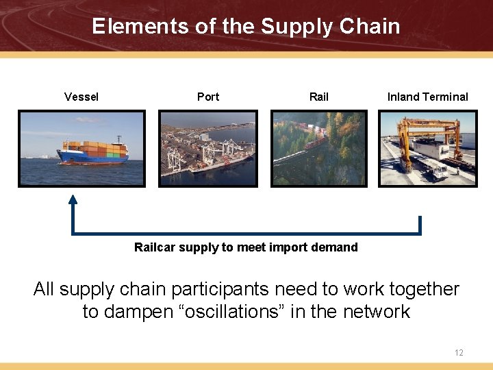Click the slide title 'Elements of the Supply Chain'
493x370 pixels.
[x=246, y=26]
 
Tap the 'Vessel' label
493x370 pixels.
[x=81, y=97]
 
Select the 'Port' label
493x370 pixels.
[x=208, y=97]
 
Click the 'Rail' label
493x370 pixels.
[x=319, y=97]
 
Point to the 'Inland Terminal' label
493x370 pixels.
[x=427, y=97]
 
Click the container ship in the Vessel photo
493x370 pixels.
[x=93, y=152]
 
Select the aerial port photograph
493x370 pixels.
[x=208, y=149]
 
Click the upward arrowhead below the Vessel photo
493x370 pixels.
[x=73, y=200]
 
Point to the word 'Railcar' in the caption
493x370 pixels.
[x=154, y=247]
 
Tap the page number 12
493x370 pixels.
[x=459, y=353]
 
